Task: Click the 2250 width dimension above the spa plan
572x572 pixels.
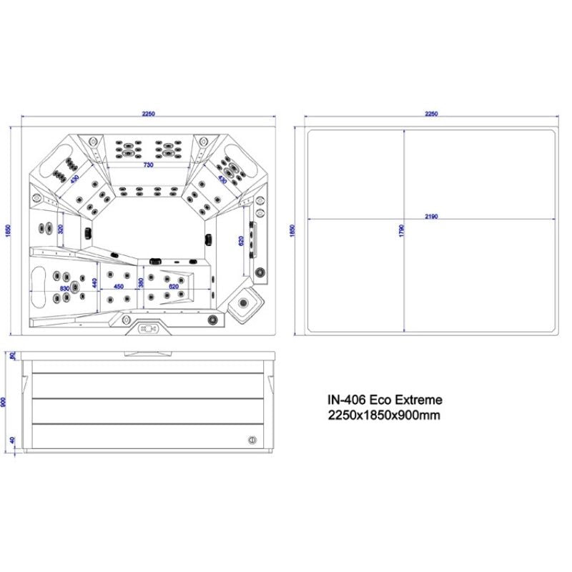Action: tap(149, 114)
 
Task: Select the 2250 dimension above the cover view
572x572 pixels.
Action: tap(431, 114)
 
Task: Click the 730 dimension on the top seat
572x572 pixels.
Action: tap(148, 165)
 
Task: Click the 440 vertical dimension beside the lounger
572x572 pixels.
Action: tap(94, 282)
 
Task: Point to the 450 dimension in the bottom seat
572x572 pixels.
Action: tap(119, 287)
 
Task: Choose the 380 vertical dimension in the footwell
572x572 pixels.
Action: tap(142, 283)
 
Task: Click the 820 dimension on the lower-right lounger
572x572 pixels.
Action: tap(173, 287)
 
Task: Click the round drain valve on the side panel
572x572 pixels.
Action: tap(251, 440)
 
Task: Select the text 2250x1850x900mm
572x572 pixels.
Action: tap(383, 415)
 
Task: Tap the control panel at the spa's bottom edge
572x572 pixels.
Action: tap(149, 329)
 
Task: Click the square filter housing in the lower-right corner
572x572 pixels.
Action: tap(245, 305)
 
